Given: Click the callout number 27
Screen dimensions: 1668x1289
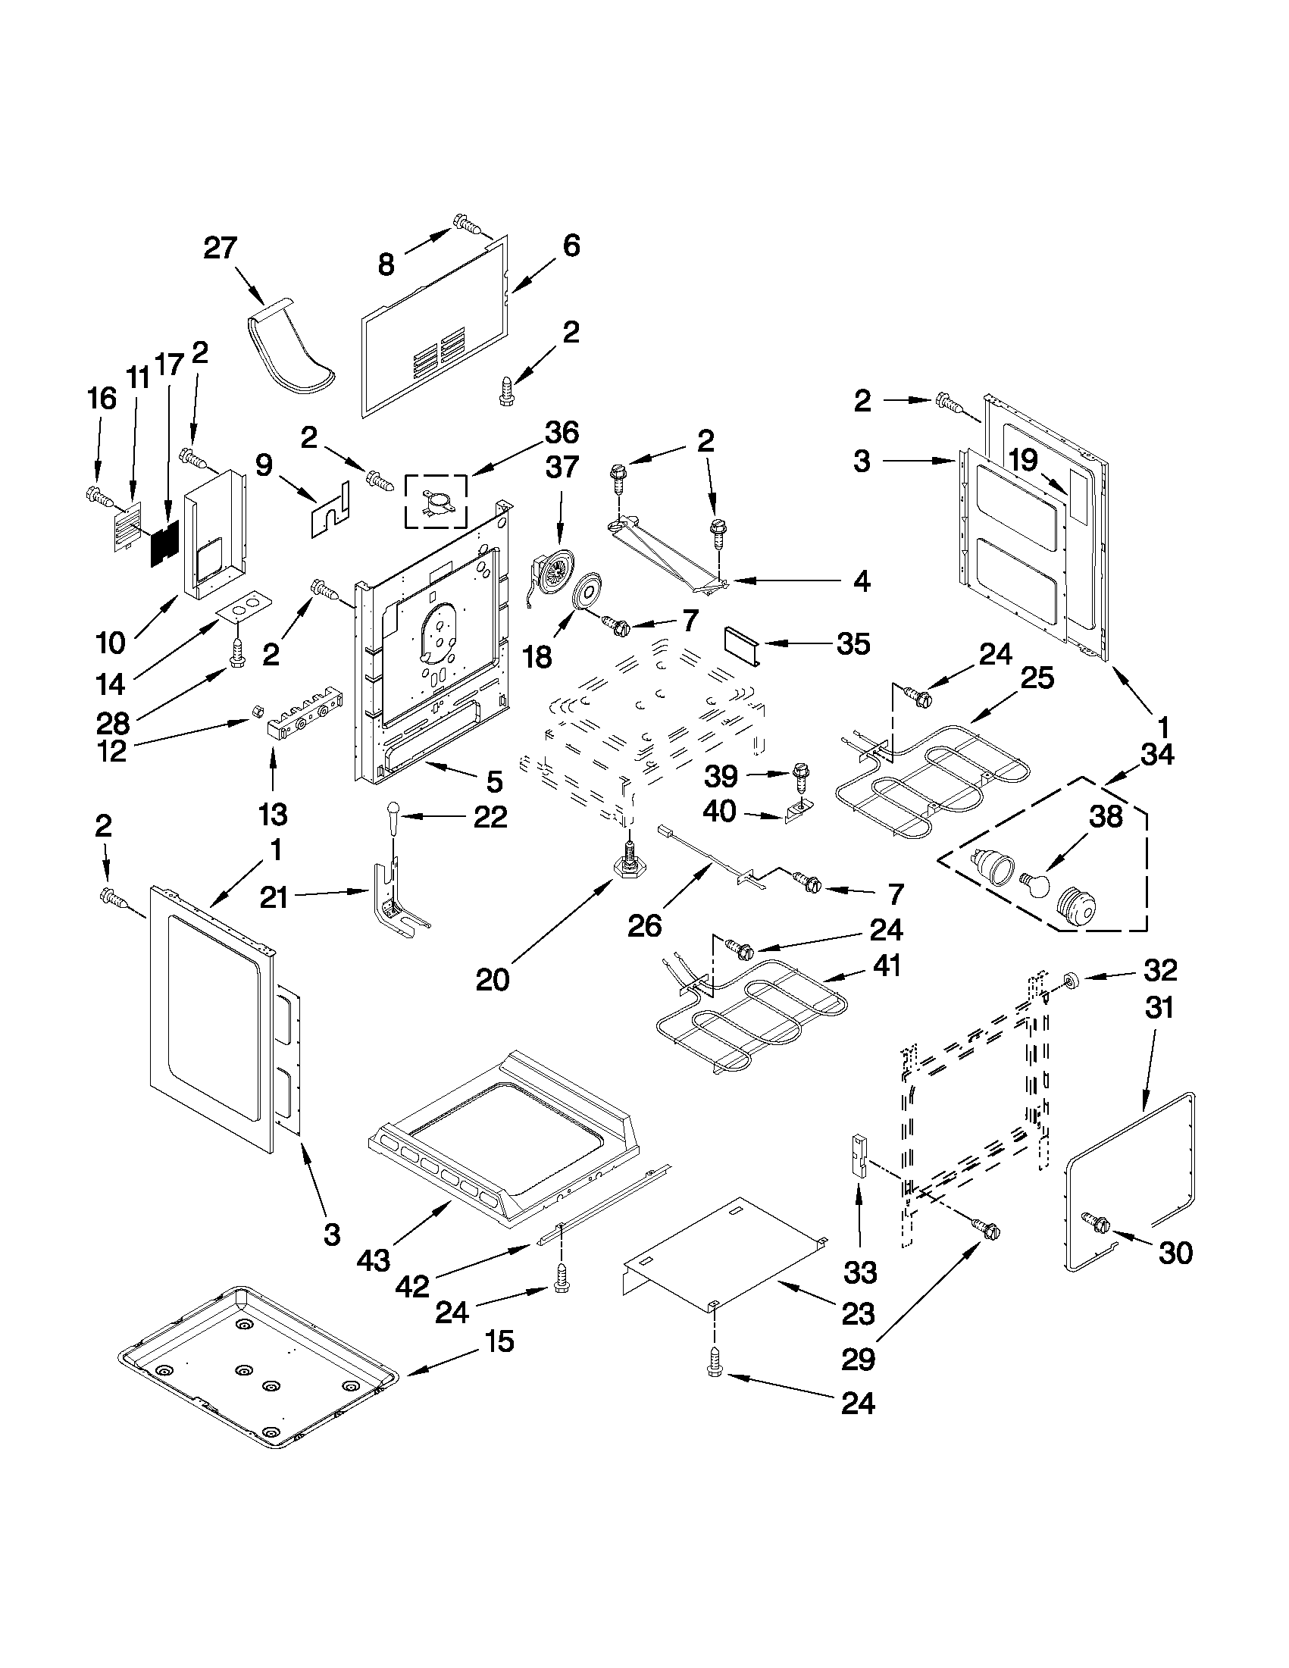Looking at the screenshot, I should (221, 249).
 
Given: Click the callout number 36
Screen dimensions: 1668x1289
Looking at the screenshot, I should (562, 433).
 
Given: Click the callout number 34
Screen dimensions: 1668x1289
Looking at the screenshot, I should (1157, 755).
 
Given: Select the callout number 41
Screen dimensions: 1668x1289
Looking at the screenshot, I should (886, 965).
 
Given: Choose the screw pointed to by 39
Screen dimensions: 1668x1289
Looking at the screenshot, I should (800, 775).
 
